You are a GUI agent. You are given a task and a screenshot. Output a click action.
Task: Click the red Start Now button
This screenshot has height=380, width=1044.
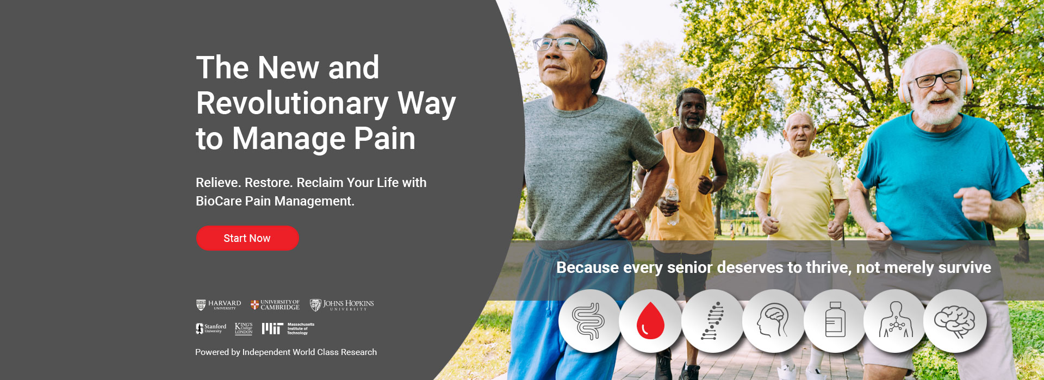(247, 238)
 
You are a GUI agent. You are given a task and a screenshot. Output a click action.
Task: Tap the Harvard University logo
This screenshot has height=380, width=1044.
(219, 305)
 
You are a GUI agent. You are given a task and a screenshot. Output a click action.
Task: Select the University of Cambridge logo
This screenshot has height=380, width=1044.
(275, 305)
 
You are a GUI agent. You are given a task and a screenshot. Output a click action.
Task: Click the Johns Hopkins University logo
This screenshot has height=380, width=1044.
(342, 305)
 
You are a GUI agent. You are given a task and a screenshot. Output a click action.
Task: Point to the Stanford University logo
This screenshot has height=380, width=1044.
(211, 328)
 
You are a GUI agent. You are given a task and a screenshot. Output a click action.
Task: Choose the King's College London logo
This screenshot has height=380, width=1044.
(244, 328)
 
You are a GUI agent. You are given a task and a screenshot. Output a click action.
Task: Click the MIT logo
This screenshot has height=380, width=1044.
(288, 328)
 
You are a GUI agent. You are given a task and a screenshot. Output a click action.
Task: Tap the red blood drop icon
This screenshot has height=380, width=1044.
(650, 321)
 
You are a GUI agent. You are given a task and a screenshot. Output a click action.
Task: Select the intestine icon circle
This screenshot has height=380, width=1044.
(589, 321)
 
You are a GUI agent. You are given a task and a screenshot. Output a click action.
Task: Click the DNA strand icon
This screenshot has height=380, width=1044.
(712, 321)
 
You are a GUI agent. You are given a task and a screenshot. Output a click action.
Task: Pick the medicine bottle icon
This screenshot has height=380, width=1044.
(835, 321)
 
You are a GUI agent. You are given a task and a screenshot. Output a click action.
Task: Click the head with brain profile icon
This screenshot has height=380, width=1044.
(773, 321)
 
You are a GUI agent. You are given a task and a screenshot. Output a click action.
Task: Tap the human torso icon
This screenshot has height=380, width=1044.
(895, 321)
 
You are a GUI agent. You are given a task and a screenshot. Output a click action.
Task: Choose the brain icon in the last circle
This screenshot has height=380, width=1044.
(955, 321)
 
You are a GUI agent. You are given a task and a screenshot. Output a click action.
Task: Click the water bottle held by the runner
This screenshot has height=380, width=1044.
(672, 201)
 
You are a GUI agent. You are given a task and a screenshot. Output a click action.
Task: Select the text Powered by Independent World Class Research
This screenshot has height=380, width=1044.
(286, 352)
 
